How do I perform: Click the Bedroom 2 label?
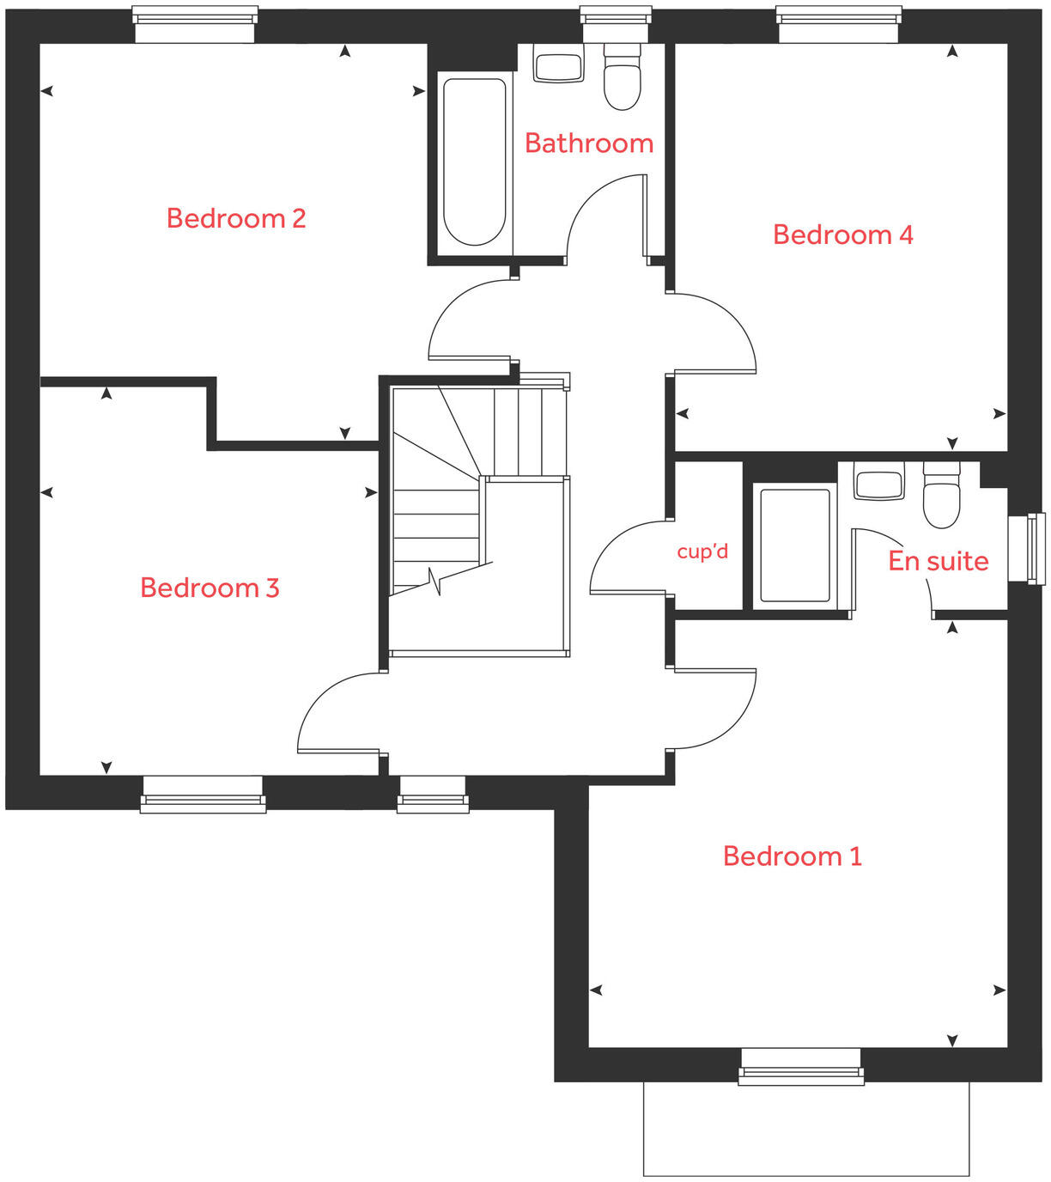click(x=236, y=218)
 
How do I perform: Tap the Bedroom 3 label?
click(x=210, y=588)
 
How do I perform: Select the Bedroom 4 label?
click(x=842, y=235)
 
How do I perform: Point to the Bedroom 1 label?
click(x=792, y=856)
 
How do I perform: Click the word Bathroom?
click(x=589, y=143)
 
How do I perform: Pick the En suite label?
click(x=938, y=561)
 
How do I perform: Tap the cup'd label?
click(x=702, y=551)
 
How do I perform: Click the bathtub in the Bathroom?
click(x=474, y=162)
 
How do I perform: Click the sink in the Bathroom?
click(x=558, y=64)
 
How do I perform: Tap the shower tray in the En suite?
click(x=795, y=545)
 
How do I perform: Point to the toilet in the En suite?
click(x=941, y=496)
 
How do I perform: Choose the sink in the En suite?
click(x=878, y=483)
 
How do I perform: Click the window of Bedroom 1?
click(x=801, y=1066)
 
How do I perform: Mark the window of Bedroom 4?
click(x=839, y=24)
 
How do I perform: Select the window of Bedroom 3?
click(x=203, y=795)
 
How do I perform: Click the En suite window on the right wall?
click(x=1026, y=548)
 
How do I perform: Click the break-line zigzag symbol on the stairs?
click(x=435, y=582)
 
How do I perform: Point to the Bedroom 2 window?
click(x=195, y=24)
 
